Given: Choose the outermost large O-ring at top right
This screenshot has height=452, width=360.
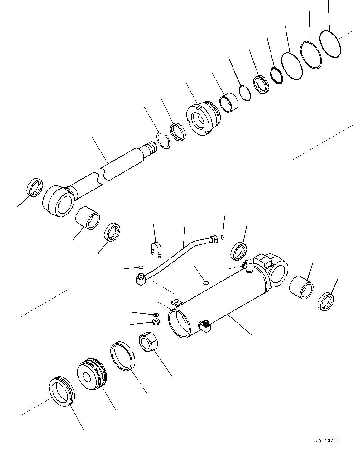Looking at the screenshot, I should point(331,44).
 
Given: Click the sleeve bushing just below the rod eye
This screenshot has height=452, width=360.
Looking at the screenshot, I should point(88,218).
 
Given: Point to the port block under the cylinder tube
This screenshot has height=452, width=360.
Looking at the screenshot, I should point(205,326).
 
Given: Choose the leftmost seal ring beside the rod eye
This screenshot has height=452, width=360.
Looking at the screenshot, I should point(35,188).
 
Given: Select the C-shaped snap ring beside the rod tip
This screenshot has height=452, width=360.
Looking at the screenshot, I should point(163,140).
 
